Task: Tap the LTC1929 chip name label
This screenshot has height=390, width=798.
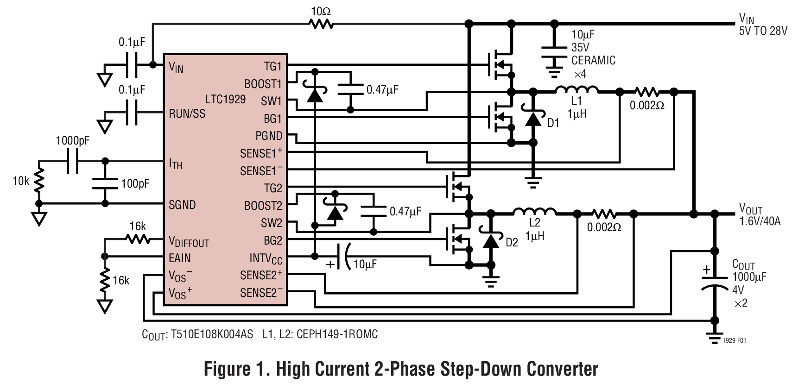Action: (x=225, y=99)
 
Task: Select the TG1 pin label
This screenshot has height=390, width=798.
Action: (x=273, y=66)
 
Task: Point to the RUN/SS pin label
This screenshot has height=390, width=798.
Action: (x=187, y=113)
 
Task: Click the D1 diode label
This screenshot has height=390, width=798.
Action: (x=553, y=124)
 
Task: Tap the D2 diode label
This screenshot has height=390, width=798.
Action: (x=512, y=242)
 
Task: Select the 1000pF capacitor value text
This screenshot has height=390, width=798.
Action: (x=72, y=141)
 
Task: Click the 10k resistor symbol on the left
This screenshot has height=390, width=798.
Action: (x=39, y=181)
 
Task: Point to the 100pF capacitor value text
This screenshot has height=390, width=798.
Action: (x=135, y=184)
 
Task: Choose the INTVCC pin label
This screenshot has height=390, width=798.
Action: (x=266, y=258)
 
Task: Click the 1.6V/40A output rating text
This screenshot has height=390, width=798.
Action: (x=760, y=221)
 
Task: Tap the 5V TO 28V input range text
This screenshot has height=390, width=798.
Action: (x=763, y=31)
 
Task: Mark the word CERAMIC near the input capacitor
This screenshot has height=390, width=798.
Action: (x=593, y=60)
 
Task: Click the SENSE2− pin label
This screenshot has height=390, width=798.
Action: (x=261, y=293)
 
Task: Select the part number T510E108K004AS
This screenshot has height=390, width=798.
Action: (x=212, y=334)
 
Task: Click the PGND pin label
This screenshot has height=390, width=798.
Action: (x=268, y=136)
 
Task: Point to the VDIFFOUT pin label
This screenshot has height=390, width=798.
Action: (x=189, y=241)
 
